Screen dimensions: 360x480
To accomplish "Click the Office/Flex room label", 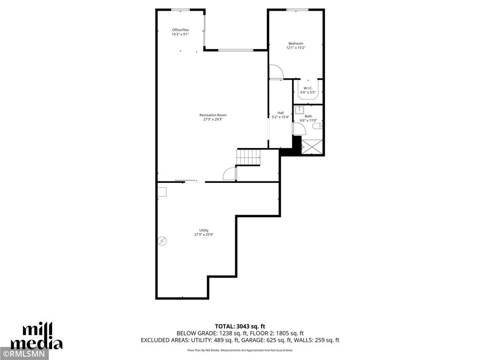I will (x=180, y=30).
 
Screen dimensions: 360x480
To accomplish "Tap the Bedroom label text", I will (x=295, y=44).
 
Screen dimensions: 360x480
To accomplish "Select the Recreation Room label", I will (x=213, y=115).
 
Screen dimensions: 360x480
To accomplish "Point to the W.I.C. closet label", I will (x=308, y=88).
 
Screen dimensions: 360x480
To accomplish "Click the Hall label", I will (x=280, y=112).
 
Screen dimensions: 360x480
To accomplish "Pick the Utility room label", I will (x=204, y=230).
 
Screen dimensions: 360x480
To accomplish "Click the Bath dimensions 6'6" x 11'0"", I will (x=308, y=120).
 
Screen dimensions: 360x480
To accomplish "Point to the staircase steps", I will (x=248, y=157).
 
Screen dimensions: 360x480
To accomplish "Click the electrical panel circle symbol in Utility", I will (x=162, y=241).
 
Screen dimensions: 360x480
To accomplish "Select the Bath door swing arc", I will (x=299, y=129).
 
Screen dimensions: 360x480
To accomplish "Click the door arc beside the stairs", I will (x=229, y=173).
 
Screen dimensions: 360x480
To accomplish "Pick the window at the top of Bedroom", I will (x=297, y=9).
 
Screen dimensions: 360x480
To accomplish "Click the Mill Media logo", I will (x=37, y=337).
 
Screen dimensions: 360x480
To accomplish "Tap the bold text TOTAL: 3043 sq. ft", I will (x=240, y=326).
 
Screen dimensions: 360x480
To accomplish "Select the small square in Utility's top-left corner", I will (x=162, y=192).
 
